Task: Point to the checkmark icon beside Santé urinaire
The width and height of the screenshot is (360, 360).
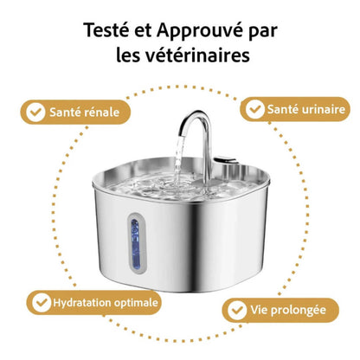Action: tap(255, 110)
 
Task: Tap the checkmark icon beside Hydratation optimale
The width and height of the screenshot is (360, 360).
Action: tap(40, 303)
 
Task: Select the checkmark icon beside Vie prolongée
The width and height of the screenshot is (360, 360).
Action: tap(236, 310)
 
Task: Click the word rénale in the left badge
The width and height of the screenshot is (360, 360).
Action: tap(107, 112)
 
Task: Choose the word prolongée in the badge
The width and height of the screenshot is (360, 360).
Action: tap(291, 310)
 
